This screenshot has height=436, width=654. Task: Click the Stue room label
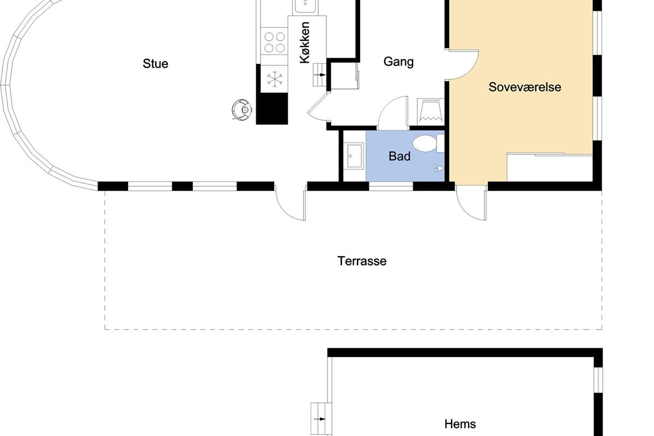(155, 64)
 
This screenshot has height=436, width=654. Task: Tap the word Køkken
(305, 43)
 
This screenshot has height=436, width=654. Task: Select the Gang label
(398, 62)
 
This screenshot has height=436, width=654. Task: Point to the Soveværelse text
(525, 87)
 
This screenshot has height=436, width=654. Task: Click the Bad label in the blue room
(399, 156)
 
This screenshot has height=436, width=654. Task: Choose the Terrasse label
(362, 261)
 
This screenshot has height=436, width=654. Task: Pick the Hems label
(460, 423)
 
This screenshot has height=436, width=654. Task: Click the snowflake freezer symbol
(275, 79)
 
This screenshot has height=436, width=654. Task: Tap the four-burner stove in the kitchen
(275, 42)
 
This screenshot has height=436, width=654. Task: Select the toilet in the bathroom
(428, 143)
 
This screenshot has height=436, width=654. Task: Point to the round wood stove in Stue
(242, 110)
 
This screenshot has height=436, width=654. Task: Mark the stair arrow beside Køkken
(320, 75)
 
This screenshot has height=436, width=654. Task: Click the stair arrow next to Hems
(320, 419)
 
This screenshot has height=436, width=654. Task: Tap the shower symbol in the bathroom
(439, 168)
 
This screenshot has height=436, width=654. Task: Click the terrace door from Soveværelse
(471, 203)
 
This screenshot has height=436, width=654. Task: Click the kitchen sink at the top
(305, 6)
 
